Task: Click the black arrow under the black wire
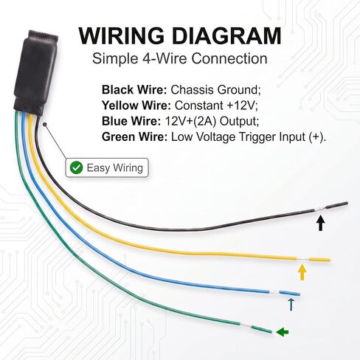tap(320, 223)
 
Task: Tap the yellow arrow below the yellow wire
tap(302, 272)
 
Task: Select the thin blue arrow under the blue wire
tap(291, 305)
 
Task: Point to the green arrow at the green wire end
tap(282, 332)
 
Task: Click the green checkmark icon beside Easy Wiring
tap(76, 167)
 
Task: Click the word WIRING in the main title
tap(122, 36)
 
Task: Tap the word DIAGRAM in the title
tap(226, 36)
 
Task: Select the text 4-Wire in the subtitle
tap(165, 59)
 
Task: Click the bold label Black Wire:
tap(134, 90)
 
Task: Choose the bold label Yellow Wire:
tap(136, 105)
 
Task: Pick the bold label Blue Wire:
tap(131, 121)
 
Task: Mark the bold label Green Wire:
tap(134, 137)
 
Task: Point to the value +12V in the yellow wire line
tap(240, 105)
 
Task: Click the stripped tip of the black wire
tap(336, 206)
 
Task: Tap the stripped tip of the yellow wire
tap(319, 260)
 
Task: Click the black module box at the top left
tap(36, 73)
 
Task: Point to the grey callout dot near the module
tap(44, 125)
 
